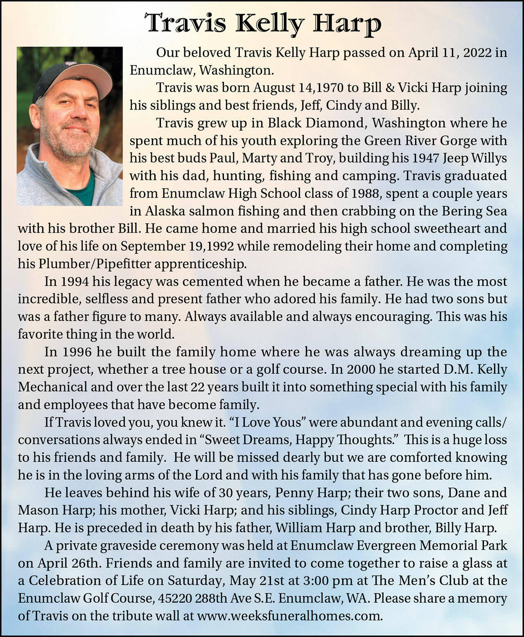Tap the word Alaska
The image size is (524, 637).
point(165,211)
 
